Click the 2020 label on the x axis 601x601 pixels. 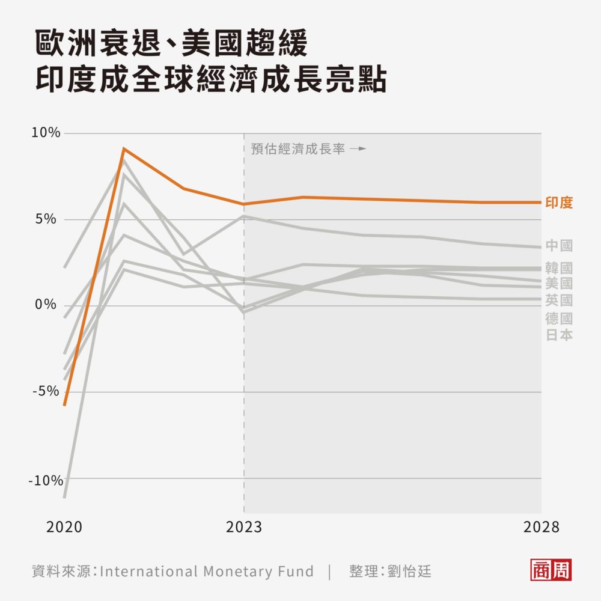pos(64,528)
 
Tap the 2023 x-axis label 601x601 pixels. pos(244,528)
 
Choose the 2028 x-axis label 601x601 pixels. pos(541,528)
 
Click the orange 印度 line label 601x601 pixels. pos(559,203)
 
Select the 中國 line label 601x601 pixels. pos(559,245)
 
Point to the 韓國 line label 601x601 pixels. pos(559,268)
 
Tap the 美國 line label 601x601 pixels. pos(559,284)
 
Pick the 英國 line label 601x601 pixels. pos(559,300)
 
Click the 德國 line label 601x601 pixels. pos(559,319)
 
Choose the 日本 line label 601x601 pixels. pos(559,335)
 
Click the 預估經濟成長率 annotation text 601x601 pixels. pos(298,149)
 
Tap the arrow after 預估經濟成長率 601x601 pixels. pos(358,148)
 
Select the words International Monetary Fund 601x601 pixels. pos(206,571)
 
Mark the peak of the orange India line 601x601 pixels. pos(123,148)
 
